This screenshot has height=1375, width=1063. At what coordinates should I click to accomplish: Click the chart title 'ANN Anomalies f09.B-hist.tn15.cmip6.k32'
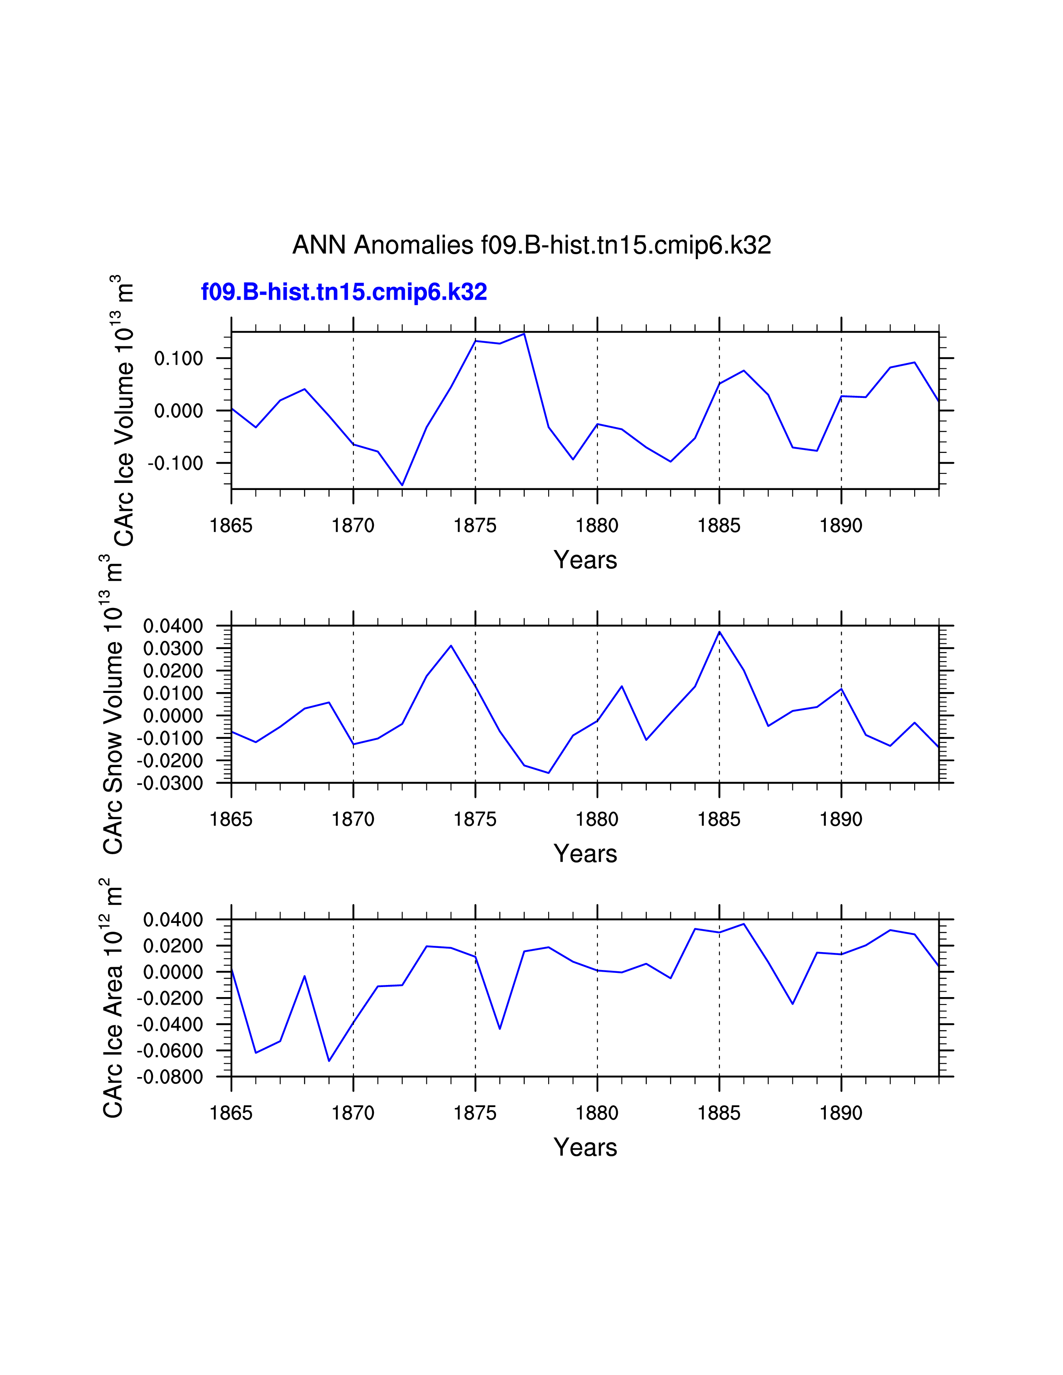point(531,245)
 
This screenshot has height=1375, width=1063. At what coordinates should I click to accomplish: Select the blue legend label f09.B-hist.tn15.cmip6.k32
point(344,292)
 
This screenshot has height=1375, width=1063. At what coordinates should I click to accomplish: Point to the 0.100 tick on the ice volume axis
point(179,359)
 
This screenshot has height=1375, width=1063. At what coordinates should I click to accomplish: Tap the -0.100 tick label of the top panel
point(175,463)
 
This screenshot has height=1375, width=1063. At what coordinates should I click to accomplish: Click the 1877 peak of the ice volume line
point(524,334)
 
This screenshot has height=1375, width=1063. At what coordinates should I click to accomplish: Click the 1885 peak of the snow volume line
point(719,632)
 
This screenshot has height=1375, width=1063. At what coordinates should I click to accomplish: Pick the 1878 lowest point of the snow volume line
point(549,773)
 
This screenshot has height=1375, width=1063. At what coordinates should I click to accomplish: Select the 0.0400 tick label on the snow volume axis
point(173,626)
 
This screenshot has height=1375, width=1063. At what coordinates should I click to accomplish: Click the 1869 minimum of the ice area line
point(329,1061)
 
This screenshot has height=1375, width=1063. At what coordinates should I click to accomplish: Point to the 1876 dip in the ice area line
point(500,1029)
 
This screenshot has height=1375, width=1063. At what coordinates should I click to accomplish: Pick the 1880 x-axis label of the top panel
point(597,525)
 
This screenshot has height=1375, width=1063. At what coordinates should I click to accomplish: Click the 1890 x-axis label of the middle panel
point(841,819)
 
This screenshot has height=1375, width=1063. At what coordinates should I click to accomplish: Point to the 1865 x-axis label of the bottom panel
point(231,1113)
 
